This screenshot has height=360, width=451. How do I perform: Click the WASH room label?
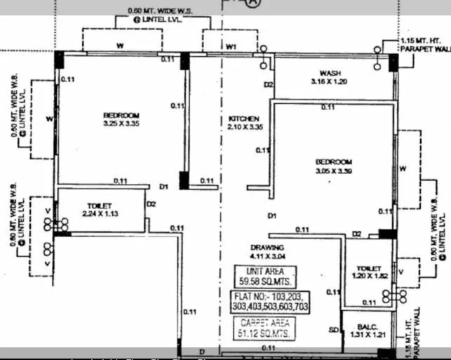[x=330, y=73]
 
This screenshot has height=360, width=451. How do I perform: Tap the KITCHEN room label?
[x=243, y=119]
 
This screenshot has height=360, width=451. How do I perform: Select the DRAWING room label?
[x=267, y=248]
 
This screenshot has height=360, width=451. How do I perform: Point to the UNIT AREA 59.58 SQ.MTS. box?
[x=266, y=275]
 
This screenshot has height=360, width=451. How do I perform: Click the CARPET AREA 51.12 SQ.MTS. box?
[x=264, y=328]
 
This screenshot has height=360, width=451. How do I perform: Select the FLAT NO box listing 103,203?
[x=269, y=302]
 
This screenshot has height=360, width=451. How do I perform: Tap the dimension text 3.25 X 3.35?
[x=121, y=124]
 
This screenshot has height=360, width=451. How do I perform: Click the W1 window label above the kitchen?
[x=232, y=47]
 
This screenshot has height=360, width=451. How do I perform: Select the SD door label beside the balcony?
[x=334, y=330]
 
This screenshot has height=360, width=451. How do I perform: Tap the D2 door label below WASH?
[x=268, y=85]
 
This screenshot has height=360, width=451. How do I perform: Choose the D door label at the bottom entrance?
[x=201, y=351]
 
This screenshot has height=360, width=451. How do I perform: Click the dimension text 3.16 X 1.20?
[x=330, y=81]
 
